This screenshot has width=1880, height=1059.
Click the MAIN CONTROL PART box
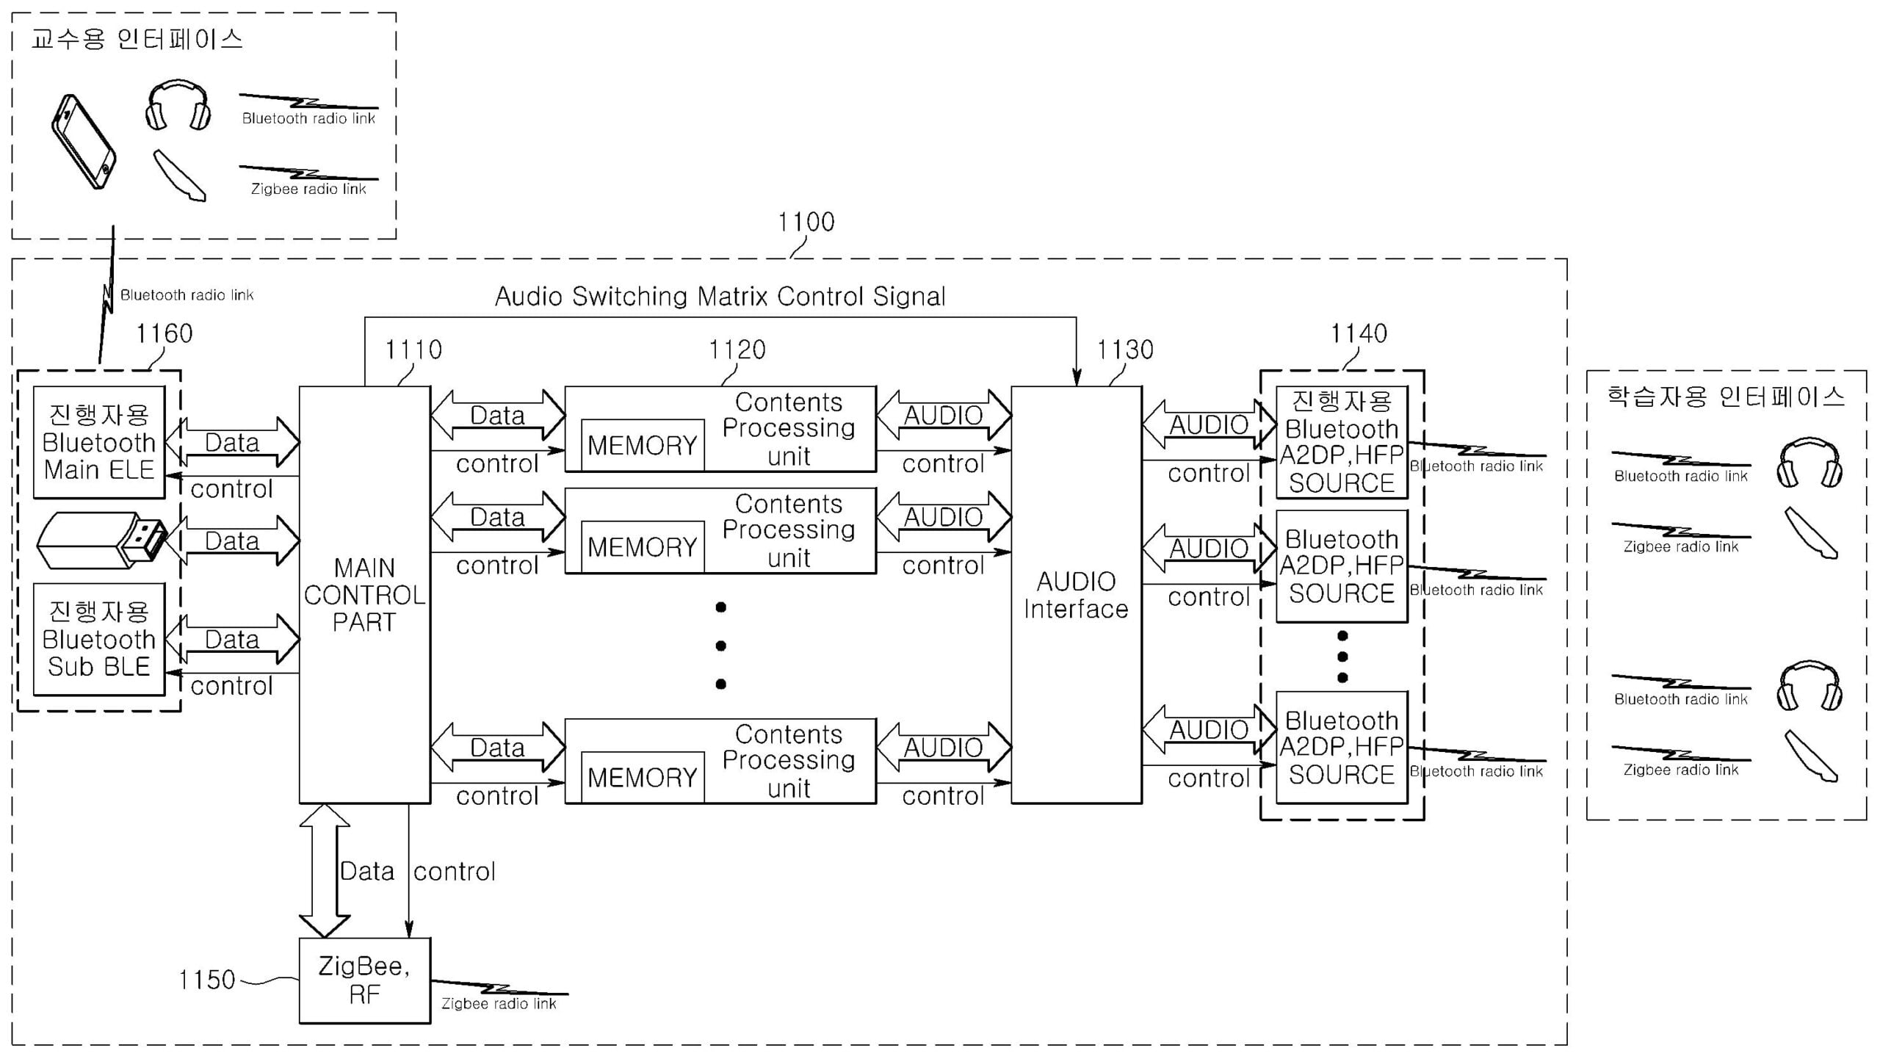click(364, 595)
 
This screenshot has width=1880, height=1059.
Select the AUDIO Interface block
click(1076, 595)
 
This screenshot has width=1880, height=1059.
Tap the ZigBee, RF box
click(364, 980)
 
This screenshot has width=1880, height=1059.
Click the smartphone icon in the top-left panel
click(84, 141)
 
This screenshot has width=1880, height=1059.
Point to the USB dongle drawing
click(101, 541)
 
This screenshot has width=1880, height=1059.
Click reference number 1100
click(806, 222)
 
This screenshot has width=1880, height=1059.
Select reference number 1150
click(206, 980)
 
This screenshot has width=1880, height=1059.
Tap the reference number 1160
click(164, 334)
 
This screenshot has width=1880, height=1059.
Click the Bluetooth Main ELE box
click(99, 443)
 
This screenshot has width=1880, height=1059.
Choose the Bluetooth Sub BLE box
click(99, 639)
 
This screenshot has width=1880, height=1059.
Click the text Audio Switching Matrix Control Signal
click(720, 297)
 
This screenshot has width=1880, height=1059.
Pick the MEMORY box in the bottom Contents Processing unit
click(642, 777)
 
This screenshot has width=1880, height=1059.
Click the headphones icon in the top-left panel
click(178, 106)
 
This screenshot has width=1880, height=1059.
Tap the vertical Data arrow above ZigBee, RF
click(325, 870)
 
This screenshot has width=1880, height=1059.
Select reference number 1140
click(1359, 334)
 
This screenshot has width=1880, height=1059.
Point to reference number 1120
click(737, 350)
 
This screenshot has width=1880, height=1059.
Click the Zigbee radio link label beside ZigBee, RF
click(499, 1003)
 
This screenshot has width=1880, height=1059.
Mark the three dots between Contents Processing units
click(720, 646)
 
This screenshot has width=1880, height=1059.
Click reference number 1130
click(1124, 350)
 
